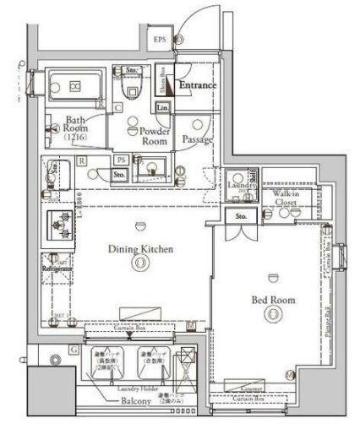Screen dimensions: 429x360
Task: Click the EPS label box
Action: (159, 40)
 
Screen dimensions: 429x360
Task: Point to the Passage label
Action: (197, 139)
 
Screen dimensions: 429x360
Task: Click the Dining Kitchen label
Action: (139, 249)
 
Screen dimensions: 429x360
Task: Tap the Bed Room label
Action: (272, 300)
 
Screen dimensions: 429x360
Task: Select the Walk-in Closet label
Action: (288, 198)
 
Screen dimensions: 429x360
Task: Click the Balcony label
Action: (136, 401)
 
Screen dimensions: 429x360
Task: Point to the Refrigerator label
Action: (60, 269)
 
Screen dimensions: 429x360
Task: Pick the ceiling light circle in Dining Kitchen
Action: (139, 264)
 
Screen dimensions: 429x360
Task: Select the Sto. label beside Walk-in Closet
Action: (241, 217)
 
